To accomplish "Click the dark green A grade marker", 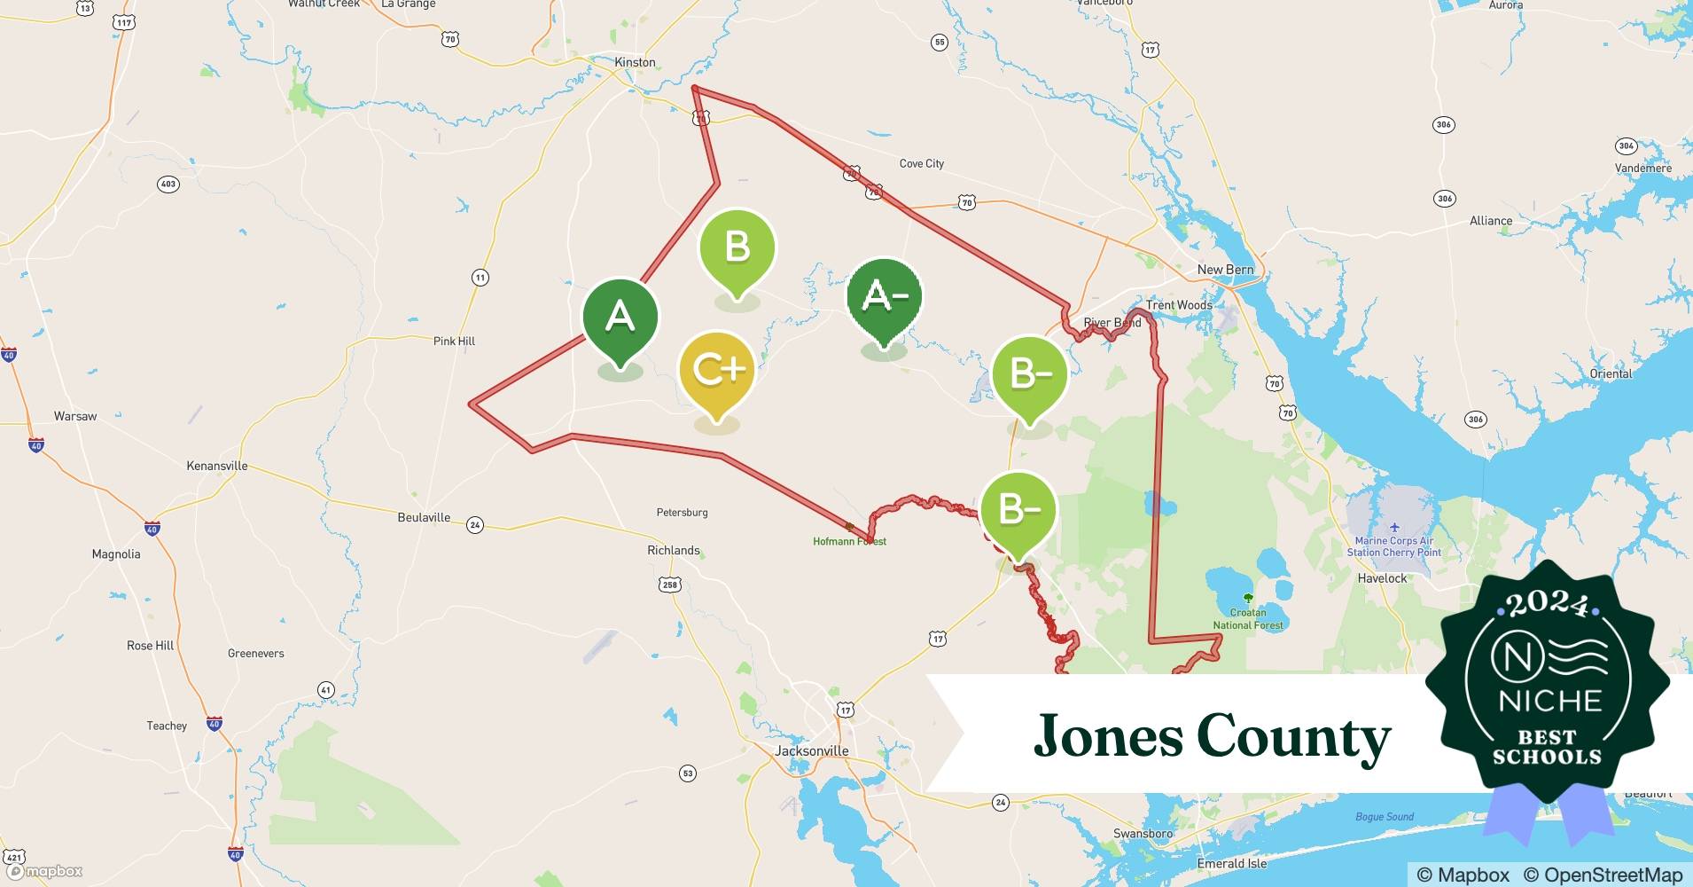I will [620, 317].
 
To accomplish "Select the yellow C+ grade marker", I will [716, 370].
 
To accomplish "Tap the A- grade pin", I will [884, 296].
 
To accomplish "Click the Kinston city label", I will [635, 62].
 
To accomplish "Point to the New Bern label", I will [1225, 270].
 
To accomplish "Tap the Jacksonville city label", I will [811, 750].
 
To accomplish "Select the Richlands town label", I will [673, 550].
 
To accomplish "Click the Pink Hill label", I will [454, 341].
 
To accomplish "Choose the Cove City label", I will [921, 163].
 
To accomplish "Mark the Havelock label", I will [1382, 578].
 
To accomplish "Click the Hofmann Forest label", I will [849, 541].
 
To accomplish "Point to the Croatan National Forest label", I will [1247, 618].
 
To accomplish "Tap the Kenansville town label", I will [217, 466].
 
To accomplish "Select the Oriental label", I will [1610, 373].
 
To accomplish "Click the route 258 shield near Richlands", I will [669, 585].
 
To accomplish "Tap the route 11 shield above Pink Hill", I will [480, 278].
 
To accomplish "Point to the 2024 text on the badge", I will [1548, 603].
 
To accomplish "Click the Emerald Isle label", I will [1231, 863].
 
